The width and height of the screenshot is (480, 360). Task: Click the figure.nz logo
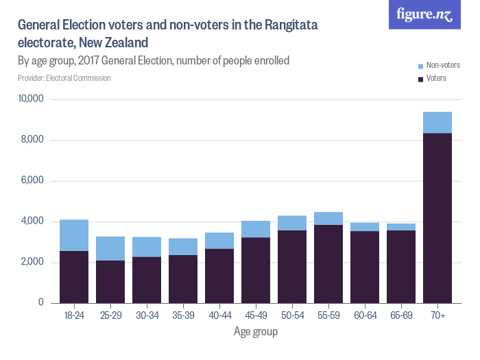pyautogui.click(x=424, y=14)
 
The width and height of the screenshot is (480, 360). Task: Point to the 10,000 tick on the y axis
pyautogui.click(x=30, y=99)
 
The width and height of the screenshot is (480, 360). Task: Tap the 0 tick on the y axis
pyautogui.click(x=41, y=303)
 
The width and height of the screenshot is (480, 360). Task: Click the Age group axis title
pyautogui.click(x=255, y=332)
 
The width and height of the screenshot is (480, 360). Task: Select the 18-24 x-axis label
pyautogui.click(x=74, y=315)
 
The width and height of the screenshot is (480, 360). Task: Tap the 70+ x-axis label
pyautogui.click(x=437, y=315)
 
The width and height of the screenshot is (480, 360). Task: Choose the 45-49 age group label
pyautogui.click(x=255, y=315)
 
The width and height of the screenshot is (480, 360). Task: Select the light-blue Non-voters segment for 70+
pyautogui.click(x=437, y=122)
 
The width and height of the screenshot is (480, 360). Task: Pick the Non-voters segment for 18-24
pyautogui.click(x=74, y=235)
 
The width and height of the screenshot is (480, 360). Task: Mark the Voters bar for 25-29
pyautogui.click(x=110, y=282)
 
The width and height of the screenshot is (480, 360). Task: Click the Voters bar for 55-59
pyautogui.click(x=328, y=264)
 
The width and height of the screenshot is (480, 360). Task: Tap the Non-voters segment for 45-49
pyautogui.click(x=255, y=229)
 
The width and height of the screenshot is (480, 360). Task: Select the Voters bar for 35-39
pyautogui.click(x=183, y=279)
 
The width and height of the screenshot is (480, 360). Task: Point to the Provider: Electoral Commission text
pyautogui.click(x=64, y=78)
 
